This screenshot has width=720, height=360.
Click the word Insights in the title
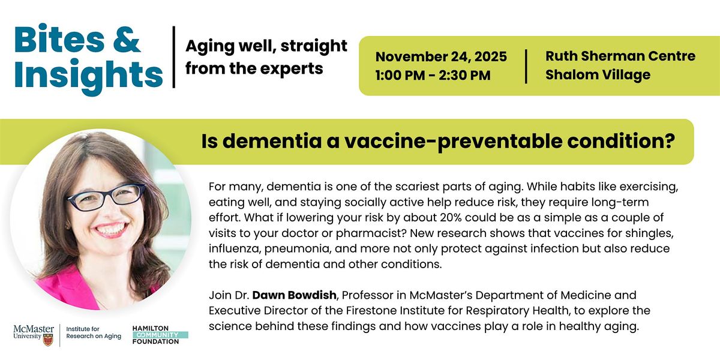pyautogui.click(x=89, y=74)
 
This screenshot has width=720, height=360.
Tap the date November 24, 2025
pyautogui.click(x=441, y=57)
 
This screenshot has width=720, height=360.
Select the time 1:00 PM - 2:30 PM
pyautogui.click(x=433, y=75)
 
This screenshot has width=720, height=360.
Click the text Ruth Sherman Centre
pyautogui.click(x=620, y=56)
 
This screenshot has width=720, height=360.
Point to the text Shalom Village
pyautogui.click(x=598, y=75)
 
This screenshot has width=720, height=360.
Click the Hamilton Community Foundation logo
pyautogui.click(x=160, y=334)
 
